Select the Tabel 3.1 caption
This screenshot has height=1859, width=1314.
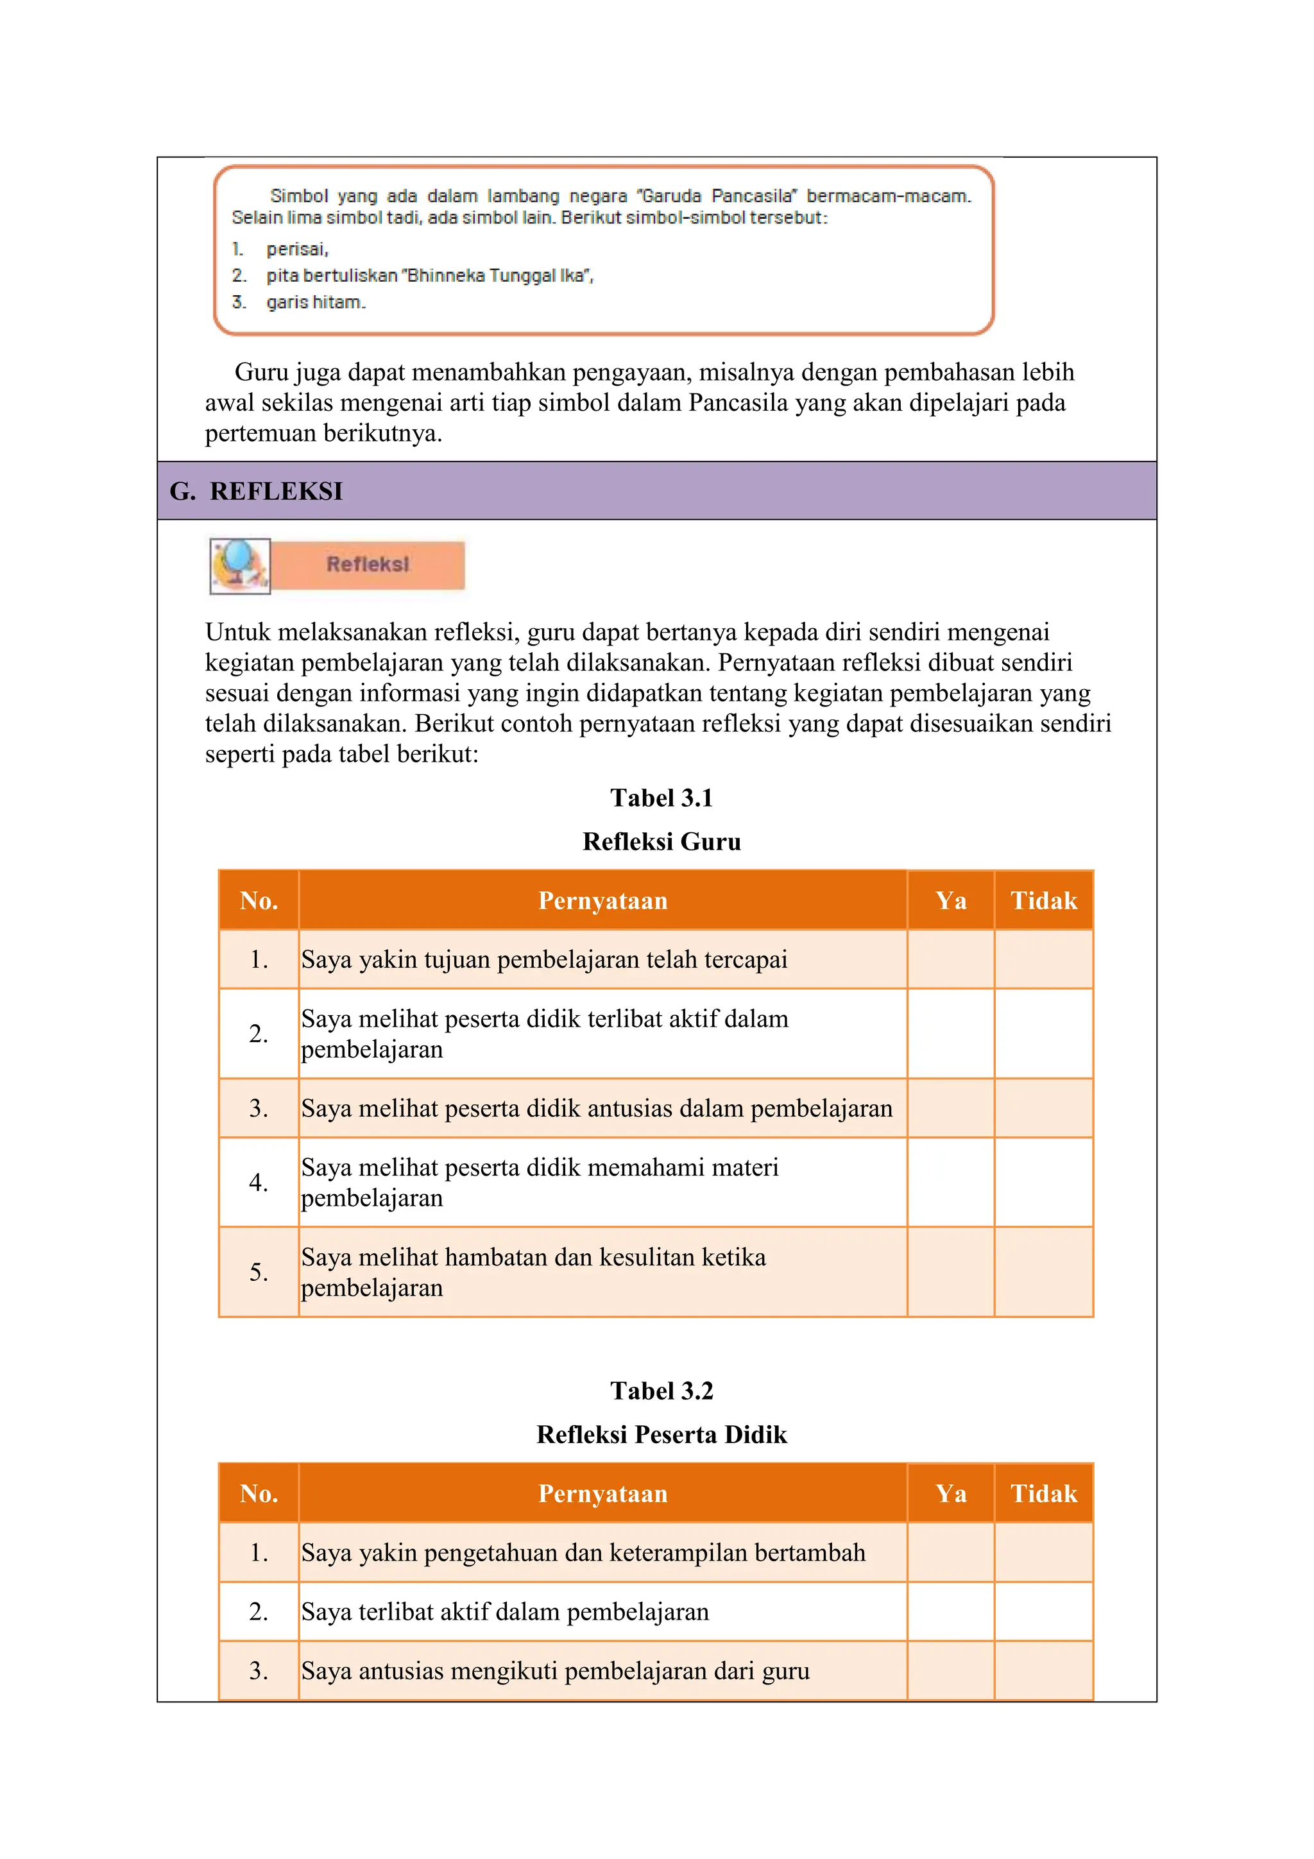click(x=661, y=798)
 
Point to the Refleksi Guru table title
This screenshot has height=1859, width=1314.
click(x=661, y=841)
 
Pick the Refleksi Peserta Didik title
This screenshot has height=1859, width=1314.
click(x=661, y=1434)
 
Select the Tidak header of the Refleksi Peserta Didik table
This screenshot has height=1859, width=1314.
click(x=1044, y=1493)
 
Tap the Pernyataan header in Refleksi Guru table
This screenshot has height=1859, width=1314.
click(x=603, y=900)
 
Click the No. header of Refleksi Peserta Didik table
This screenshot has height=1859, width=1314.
click(x=259, y=1493)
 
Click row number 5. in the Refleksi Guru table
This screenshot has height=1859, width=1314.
click(x=259, y=1272)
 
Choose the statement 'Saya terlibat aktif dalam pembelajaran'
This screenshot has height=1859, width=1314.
click(x=505, y=1611)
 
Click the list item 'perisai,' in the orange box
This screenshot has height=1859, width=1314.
click(x=297, y=250)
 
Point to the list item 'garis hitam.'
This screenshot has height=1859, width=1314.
click(x=316, y=302)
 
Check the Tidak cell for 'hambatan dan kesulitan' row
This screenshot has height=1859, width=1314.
click(x=1044, y=1272)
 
